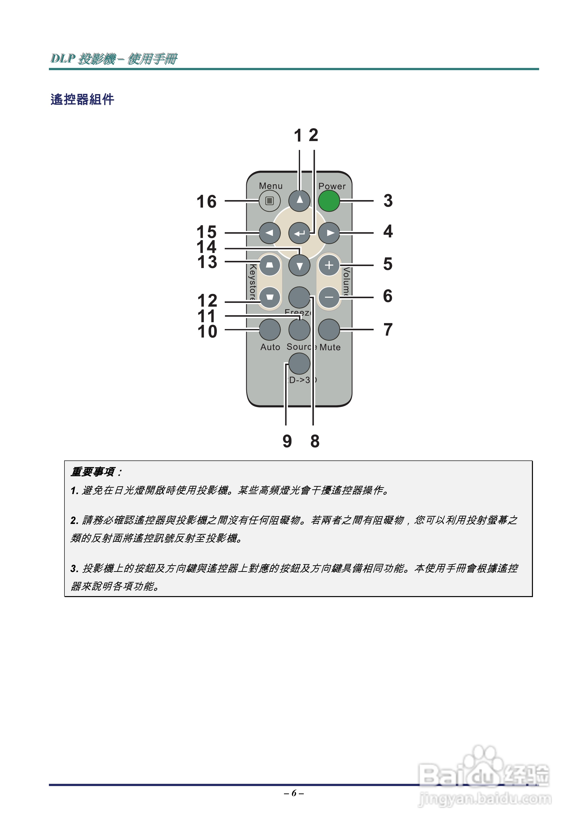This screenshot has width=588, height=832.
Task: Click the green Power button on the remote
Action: pyautogui.click(x=329, y=201)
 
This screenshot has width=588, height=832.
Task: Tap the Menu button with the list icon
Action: pyautogui.click(x=269, y=201)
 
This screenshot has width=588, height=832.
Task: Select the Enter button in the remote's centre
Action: pyautogui.click(x=299, y=233)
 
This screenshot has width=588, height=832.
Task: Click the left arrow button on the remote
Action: pyautogui.click(x=269, y=233)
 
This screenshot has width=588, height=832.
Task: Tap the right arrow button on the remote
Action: pyautogui.click(x=329, y=233)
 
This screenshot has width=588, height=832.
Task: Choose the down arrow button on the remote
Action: pyautogui.click(x=299, y=266)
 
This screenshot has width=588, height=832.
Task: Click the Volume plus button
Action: pyautogui.click(x=329, y=265)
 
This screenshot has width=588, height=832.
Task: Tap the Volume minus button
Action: pyautogui.click(x=329, y=297)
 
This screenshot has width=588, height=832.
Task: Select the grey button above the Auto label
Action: pyautogui.click(x=269, y=329)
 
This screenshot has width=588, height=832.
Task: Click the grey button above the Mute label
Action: pyautogui.click(x=329, y=329)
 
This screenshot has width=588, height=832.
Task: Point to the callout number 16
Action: pyautogui.click(x=206, y=202)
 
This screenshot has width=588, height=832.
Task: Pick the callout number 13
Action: pyautogui.click(x=207, y=262)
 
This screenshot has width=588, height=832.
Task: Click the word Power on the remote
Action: pyautogui.click(x=332, y=186)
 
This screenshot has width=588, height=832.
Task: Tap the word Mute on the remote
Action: pyautogui.click(x=330, y=347)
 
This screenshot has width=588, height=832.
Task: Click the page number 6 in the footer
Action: pyautogui.click(x=294, y=793)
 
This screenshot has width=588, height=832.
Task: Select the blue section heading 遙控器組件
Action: pyautogui.click(x=82, y=99)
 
